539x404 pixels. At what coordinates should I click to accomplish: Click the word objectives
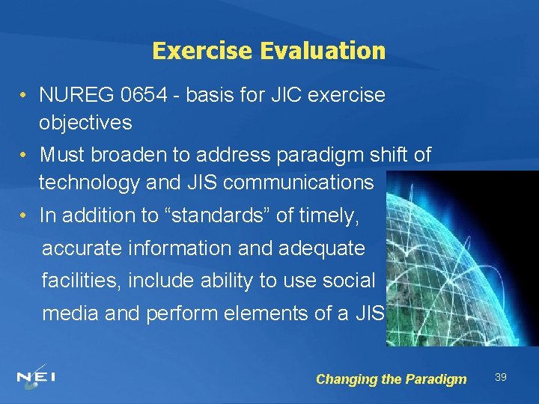coord(85,122)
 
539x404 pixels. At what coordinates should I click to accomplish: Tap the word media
coord(70,313)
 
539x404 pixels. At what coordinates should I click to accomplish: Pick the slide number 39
coord(500,377)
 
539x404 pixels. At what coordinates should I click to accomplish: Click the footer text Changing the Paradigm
coord(391,379)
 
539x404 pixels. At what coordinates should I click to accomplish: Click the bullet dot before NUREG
coord(25,96)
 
